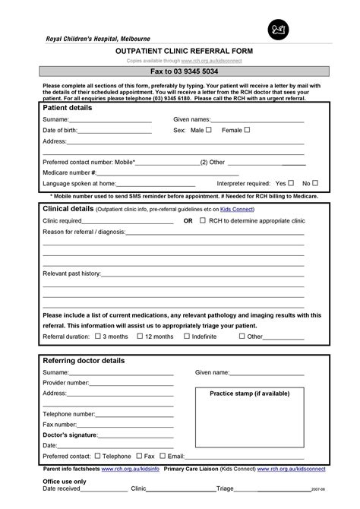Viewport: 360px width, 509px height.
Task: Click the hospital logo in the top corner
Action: point(275,30)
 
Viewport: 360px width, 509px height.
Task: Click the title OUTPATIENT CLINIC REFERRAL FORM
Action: point(178,49)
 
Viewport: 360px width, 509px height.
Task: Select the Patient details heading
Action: point(68,108)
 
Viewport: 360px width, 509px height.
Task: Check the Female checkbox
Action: point(247,130)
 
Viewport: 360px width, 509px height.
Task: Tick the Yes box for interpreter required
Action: point(292,183)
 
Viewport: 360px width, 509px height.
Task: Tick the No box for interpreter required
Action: point(316,183)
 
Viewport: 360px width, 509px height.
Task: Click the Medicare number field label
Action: point(69,172)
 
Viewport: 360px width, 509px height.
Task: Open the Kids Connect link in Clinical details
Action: point(238,209)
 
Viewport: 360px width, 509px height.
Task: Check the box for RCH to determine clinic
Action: point(203,220)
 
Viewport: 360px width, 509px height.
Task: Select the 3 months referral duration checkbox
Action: point(96,336)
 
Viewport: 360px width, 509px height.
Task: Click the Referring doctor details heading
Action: point(84,360)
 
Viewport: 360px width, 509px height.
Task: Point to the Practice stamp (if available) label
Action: point(249,394)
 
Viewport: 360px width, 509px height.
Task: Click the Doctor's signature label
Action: point(70,435)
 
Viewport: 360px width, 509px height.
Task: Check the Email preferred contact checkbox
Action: point(163,456)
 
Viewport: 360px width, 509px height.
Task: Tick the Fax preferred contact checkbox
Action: point(138,456)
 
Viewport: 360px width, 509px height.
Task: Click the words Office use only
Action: point(65,482)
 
